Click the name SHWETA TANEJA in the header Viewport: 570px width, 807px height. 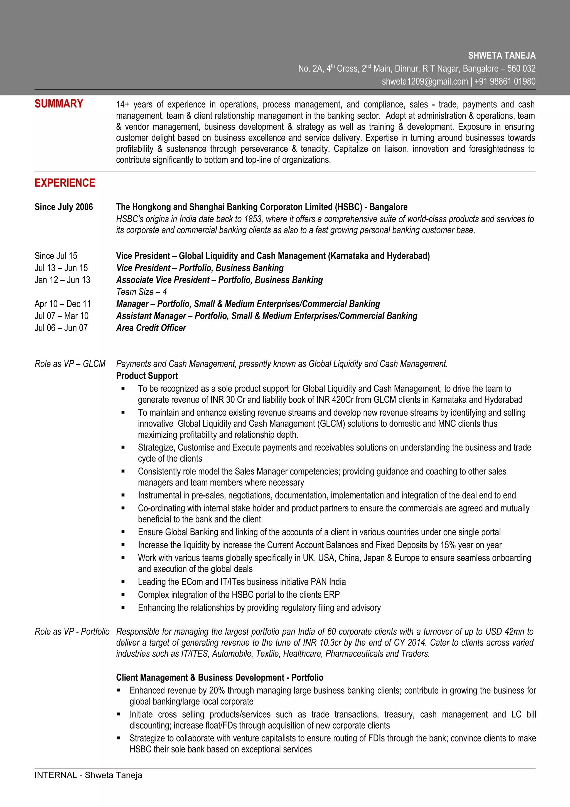(x=502, y=55)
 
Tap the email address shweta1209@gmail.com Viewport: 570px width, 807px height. (x=425, y=82)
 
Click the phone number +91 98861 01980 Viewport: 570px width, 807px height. (x=505, y=82)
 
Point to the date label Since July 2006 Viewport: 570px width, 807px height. (x=63, y=207)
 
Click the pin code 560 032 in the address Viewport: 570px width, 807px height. (x=521, y=69)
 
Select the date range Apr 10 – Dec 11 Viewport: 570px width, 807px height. (x=63, y=304)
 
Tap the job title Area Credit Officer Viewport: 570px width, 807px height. (x=151, y=328)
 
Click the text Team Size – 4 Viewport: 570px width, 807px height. (x=141, y=292)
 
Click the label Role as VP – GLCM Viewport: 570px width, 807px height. (x=70, y=364)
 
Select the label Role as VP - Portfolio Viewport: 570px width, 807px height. (x=72, y=632)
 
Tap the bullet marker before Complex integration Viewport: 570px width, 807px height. (x=123, y=595)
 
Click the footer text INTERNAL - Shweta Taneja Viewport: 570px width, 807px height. (x=88, y=775)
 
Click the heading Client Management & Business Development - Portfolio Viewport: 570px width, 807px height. (x=220, y=678)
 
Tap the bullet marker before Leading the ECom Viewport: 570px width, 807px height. (x=123, y=582)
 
